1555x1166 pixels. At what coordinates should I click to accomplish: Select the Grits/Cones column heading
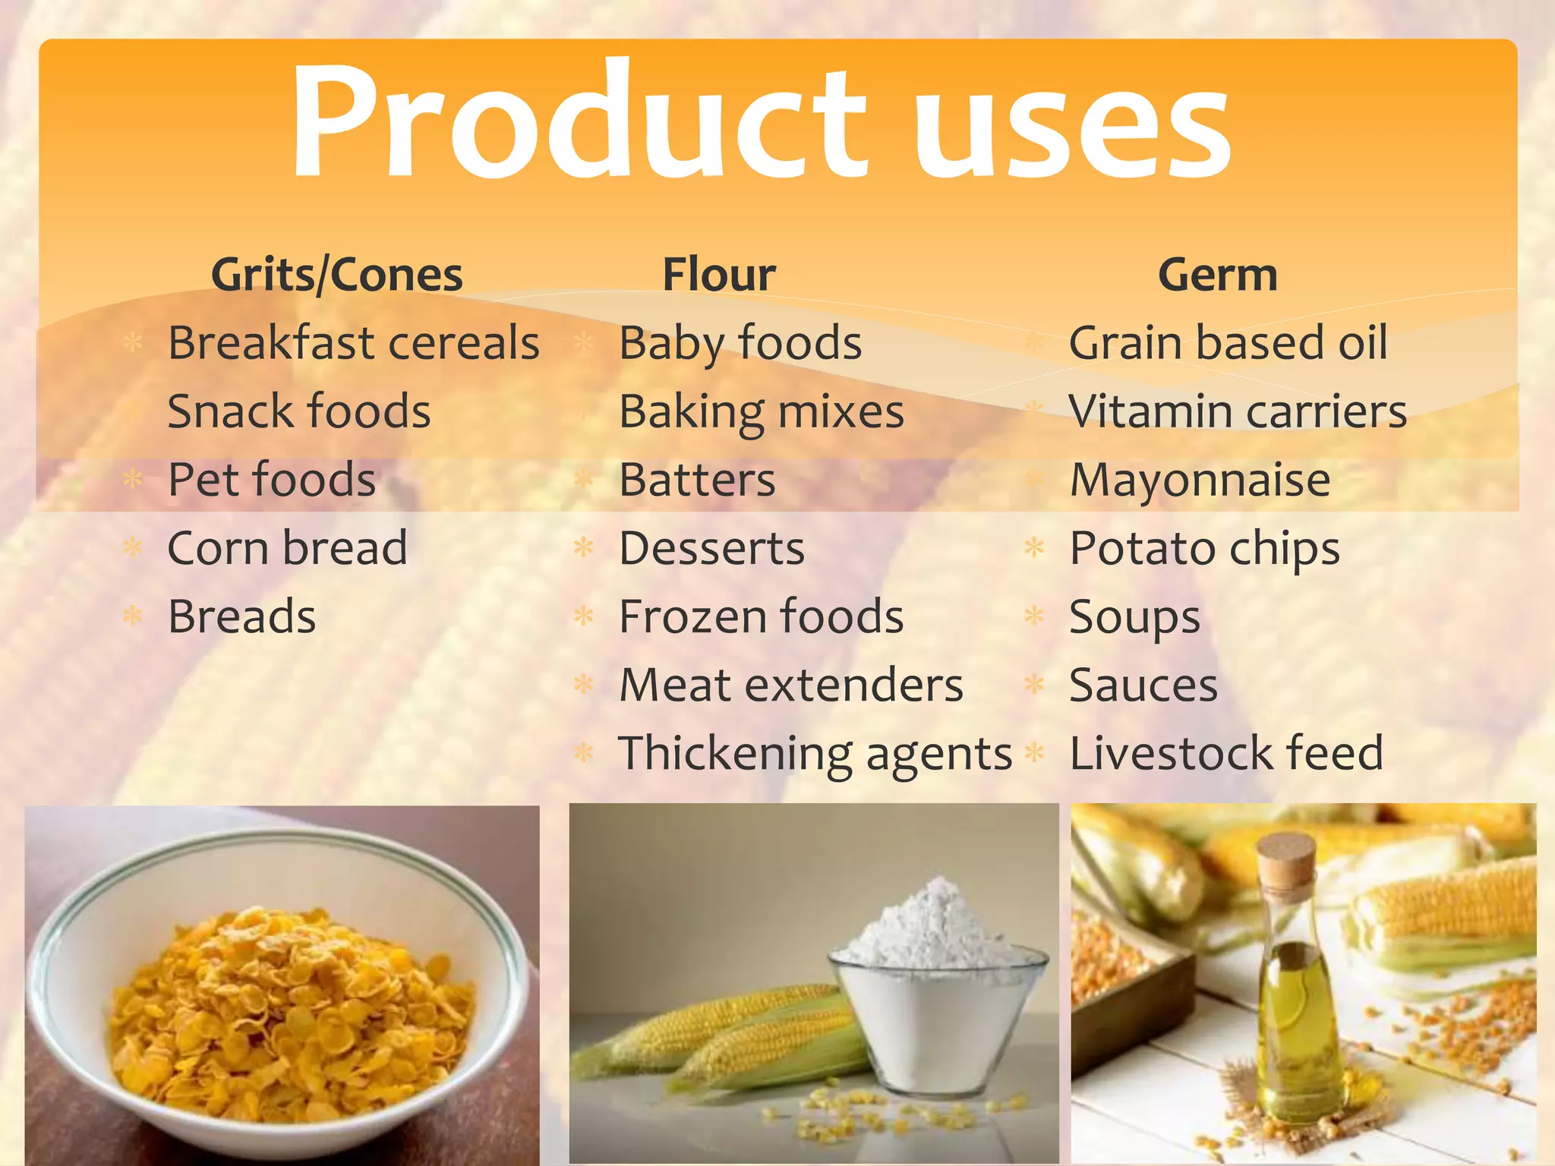(x=336, y=275)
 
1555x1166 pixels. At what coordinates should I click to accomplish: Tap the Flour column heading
(x=718, y=275)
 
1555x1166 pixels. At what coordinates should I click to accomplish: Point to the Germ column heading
(x=1217, y=275)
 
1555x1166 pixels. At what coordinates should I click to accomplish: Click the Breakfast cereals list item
(x=353, y=343)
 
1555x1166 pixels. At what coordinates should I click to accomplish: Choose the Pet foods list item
(x=271, y=480)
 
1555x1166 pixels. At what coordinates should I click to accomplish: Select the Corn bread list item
(x=287, y=548)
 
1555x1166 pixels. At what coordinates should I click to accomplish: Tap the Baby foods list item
(x=740, y=343)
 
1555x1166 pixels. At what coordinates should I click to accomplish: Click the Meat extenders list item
(x=790, y=685)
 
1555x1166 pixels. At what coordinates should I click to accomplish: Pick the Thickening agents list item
(x=815, y=753)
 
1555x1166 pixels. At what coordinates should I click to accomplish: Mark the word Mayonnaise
(x=1200, y=480)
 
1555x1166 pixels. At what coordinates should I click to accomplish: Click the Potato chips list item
(x=1204, y=548)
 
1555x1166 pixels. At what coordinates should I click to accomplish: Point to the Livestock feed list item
(x=1225, y=753)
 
